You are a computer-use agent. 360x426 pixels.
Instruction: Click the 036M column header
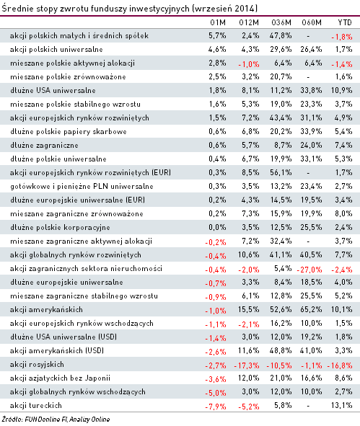tap(281, 22)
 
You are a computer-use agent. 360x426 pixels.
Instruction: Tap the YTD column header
tap(345, 22)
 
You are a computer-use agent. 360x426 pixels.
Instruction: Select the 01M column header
tap(218, 22)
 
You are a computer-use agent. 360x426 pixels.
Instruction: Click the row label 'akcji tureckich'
tap(36, 405)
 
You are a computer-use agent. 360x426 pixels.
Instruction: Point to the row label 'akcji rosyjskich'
tap(37, 365)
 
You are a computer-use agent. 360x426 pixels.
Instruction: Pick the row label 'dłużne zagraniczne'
tap(44, 146)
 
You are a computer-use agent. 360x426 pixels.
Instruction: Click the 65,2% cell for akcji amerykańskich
tap(311, 309)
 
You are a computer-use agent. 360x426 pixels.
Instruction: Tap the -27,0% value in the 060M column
tap(309, 270)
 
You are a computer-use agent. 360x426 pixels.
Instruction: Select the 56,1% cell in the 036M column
tap(281, 172)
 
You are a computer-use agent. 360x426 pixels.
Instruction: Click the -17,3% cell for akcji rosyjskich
tap(247, 365)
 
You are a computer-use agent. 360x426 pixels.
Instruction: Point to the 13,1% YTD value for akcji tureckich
tap(341, 405)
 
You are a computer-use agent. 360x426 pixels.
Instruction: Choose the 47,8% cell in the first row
tap(281, 35)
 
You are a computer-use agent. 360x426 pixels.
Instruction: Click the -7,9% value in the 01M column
tap(216, 407)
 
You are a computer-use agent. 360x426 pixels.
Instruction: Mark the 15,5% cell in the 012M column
tap(248, 309)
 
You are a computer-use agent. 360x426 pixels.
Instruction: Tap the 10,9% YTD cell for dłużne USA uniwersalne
tap(341, 91)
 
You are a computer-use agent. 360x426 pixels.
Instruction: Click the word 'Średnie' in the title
tap(17, 9)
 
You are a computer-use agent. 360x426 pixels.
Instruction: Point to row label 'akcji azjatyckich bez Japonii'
tap(60, 378)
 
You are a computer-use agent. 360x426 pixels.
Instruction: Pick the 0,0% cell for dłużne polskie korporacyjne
tap(217, 227)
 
